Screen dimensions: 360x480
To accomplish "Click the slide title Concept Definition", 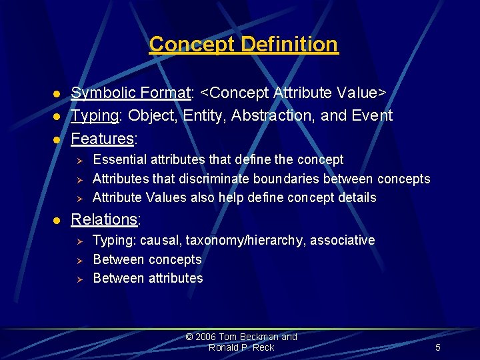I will click(x=243, y=45).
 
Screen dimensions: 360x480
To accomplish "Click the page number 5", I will click(x=437, y=347).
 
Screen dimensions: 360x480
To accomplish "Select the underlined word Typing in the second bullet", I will click(x=95, y=116).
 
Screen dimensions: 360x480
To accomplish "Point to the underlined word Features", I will click(x=103, y=139).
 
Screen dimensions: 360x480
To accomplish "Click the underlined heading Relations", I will click(x=104, y=219).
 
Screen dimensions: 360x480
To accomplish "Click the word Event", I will click(x=371, y=115).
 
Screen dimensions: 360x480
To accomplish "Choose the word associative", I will click(x=344, y=240).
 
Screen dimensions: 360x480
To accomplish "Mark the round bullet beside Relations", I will click(x=57, y=220).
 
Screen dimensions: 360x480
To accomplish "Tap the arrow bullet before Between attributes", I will click(x=78, y=279).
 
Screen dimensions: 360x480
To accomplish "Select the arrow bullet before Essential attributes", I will click(x=78, y=161).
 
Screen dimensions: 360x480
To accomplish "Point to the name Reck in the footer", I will click(x=263, y=347).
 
